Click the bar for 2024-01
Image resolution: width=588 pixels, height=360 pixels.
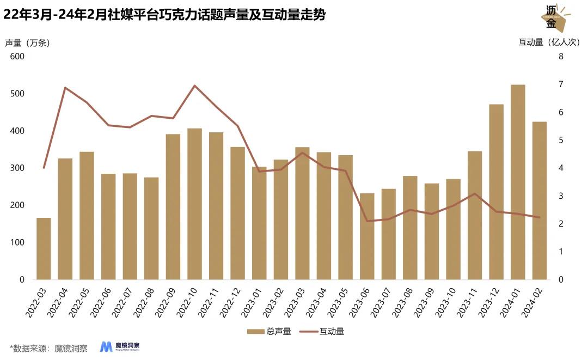click(x=518, y=182)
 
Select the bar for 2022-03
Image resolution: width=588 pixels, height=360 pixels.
click(x=44, y=249)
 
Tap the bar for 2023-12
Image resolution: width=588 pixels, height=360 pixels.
click(x=496, y=192)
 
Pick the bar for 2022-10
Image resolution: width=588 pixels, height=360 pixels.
click(x=194, y=204)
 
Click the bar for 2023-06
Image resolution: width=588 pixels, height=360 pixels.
click(x=367, y=236)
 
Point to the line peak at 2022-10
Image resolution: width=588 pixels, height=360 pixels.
click(x=194, y=86)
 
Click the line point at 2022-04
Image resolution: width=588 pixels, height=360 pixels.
click(x=65, y=88)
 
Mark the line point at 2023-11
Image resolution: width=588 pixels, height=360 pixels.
click(x=475, y=194)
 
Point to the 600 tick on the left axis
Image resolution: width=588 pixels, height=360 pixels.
click(x=17, y=57)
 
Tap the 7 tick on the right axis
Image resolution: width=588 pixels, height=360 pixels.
click(x=560, y=84)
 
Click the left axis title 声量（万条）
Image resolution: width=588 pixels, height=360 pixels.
click(x=27, y=43)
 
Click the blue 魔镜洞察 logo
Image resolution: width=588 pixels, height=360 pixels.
click(x=120, y=347)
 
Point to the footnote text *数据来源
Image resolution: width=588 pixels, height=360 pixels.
click(x=49, y=348)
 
